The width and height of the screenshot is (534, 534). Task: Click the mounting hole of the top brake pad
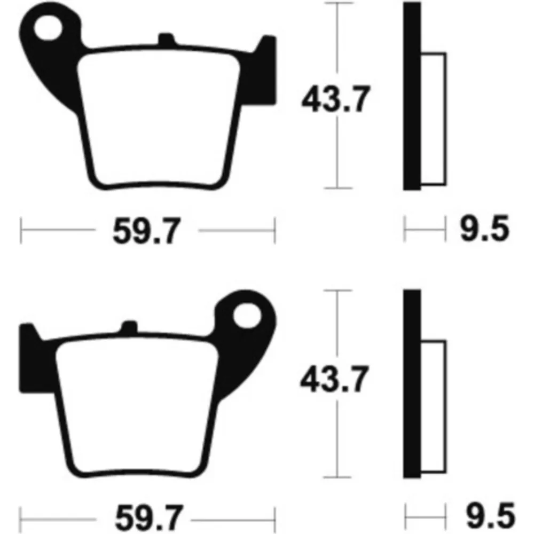(48, 28)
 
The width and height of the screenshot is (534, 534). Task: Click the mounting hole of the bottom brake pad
(247, 316)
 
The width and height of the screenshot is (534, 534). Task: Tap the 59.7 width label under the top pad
(146, 231)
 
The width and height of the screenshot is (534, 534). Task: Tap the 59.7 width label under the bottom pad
(149, 519)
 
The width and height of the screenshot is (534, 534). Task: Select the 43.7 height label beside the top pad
(335, 99)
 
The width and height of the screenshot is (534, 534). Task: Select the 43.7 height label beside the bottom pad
(334, 379)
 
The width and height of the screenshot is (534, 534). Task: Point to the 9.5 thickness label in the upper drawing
(485, 228)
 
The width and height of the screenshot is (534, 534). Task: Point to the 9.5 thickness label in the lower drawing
(490, 515)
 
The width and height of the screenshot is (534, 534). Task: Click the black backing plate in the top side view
(412, 96)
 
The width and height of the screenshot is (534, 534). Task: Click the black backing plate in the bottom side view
(412, 384)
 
